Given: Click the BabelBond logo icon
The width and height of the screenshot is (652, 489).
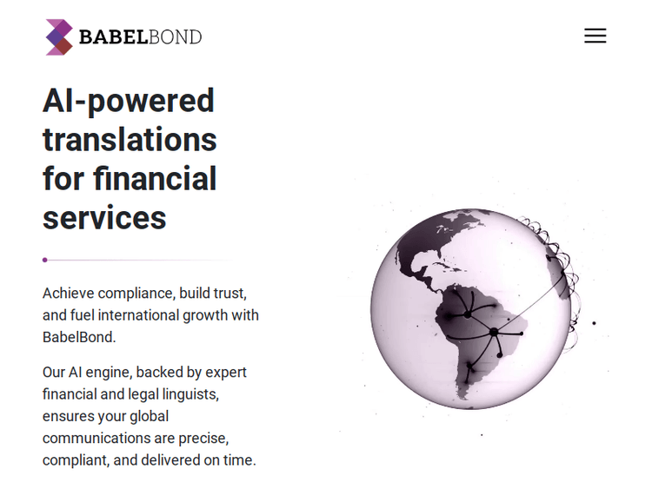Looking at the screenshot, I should (59, 37).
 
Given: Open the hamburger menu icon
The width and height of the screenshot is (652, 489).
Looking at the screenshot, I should (595, 36).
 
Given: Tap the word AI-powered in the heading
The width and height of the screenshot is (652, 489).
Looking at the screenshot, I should (129, 101).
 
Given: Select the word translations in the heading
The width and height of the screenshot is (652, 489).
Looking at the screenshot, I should (130, 140).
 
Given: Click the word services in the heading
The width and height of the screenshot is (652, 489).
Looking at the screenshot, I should (104, 218).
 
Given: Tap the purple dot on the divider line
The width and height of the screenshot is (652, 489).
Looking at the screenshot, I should (44, 260).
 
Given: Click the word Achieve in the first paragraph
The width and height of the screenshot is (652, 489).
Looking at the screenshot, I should (68, 294).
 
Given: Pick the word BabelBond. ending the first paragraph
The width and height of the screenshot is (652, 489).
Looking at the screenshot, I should (79, 337).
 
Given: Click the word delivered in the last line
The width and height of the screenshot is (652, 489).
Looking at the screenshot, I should (170, 460).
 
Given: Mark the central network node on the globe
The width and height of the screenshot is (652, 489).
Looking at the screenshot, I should (494, 332).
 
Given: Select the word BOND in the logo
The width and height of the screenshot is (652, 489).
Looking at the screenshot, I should (176, 37).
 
